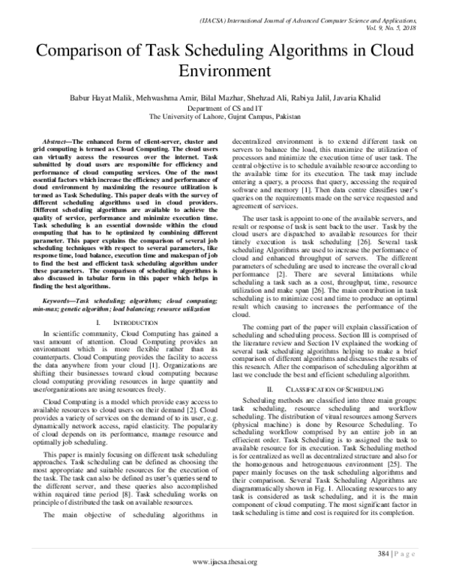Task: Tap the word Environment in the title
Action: click(x=224, y=73)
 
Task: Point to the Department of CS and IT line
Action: click(x=225, y=108)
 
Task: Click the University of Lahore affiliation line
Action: click(x=225, y=117)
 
